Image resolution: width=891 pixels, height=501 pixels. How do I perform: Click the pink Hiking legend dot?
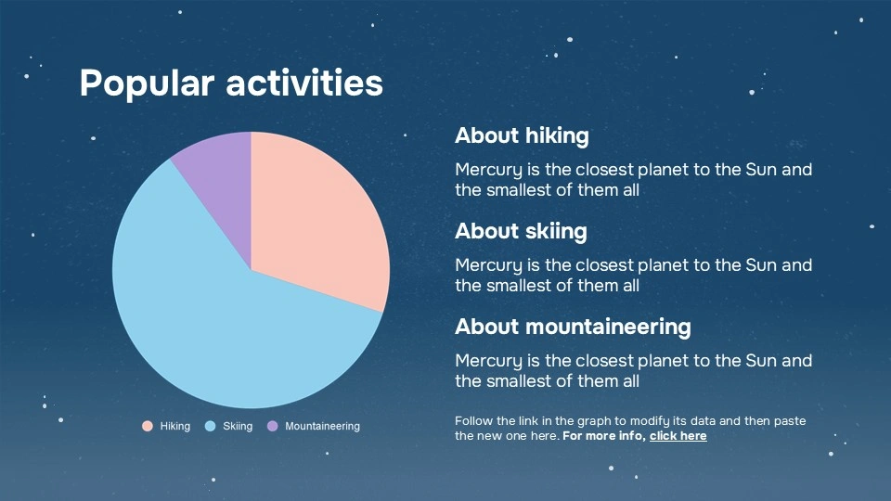pos(147,426)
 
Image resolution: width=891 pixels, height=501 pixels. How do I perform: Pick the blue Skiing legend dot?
pos(210,426)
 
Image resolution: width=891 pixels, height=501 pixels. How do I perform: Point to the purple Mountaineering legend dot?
pos(272,426)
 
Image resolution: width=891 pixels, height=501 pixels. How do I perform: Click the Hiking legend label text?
pos(174,426)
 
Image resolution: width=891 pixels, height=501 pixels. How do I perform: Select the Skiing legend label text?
pos(238,426)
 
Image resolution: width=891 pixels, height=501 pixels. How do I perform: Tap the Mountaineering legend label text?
pos(322,426)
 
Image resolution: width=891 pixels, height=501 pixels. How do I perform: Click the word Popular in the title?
pos(148,83)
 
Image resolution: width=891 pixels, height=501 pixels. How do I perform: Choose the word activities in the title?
pos(304,83)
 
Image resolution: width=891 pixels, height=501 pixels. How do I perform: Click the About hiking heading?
pos(522,135)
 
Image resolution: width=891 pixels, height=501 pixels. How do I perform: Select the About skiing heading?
pos(521,231)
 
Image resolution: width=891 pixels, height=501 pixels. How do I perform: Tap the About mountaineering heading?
pos(573,327)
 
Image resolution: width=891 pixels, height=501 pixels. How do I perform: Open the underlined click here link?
pos(678,435)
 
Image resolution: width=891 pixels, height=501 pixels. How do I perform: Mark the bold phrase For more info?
pos(603,435)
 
